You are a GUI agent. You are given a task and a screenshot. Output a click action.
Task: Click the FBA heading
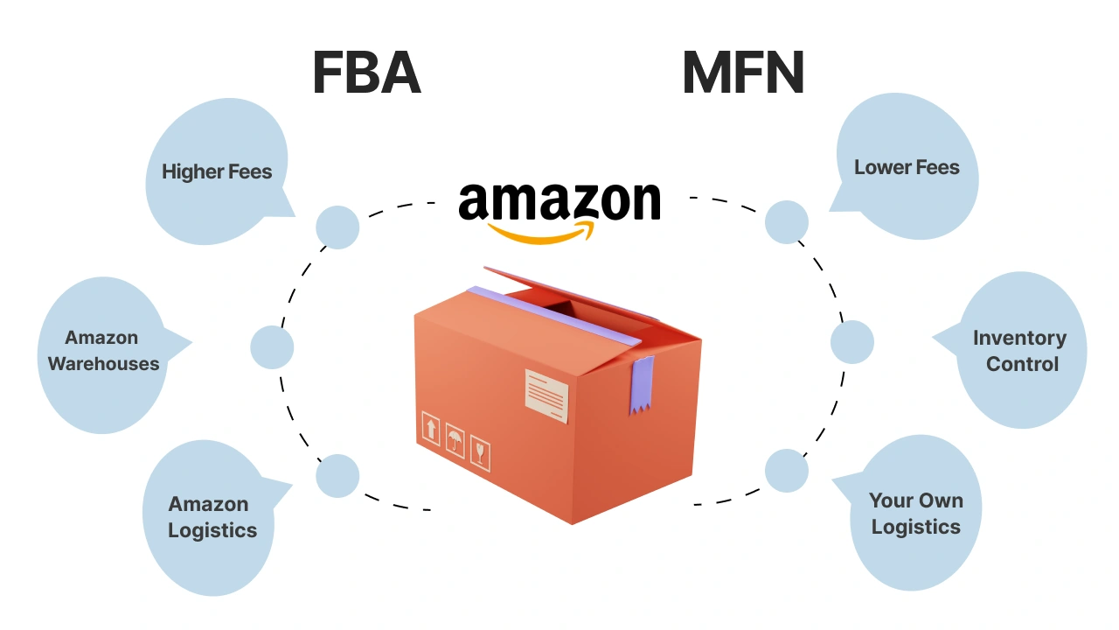[x=366, y=73]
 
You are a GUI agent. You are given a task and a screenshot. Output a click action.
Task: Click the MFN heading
[x=742, y=73]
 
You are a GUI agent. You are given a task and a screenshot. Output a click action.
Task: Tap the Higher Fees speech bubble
[x=216, y=172]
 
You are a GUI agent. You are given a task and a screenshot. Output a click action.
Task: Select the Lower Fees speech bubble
[x=907, y=168]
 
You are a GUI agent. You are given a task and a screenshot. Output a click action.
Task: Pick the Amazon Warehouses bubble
[x=103, y=352]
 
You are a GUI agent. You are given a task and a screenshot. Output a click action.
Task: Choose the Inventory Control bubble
[x=1020, y=351]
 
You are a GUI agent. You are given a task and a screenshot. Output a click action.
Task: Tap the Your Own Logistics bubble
[x=915, y=514]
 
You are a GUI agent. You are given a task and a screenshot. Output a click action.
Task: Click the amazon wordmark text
[x=559, y=201]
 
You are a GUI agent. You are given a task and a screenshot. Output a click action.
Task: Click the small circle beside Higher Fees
[x=337, y=227]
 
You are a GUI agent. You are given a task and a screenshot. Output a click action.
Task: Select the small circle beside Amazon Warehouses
[x=272, y=347]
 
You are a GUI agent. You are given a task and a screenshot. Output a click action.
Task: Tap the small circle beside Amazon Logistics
[x=337, y=476]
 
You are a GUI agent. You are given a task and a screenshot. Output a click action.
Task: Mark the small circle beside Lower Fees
[x=786, y=221]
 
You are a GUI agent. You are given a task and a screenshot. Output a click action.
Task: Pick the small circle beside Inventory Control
[x=851, y=342]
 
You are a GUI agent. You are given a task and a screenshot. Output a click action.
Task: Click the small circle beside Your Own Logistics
[x=786, y=471]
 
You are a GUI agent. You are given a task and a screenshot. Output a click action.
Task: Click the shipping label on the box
[x=546, y=395]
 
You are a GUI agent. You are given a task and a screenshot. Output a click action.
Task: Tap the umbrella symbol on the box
[x=455, y=440]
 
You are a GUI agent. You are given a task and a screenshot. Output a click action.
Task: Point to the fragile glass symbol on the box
[x=480, y=453]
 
